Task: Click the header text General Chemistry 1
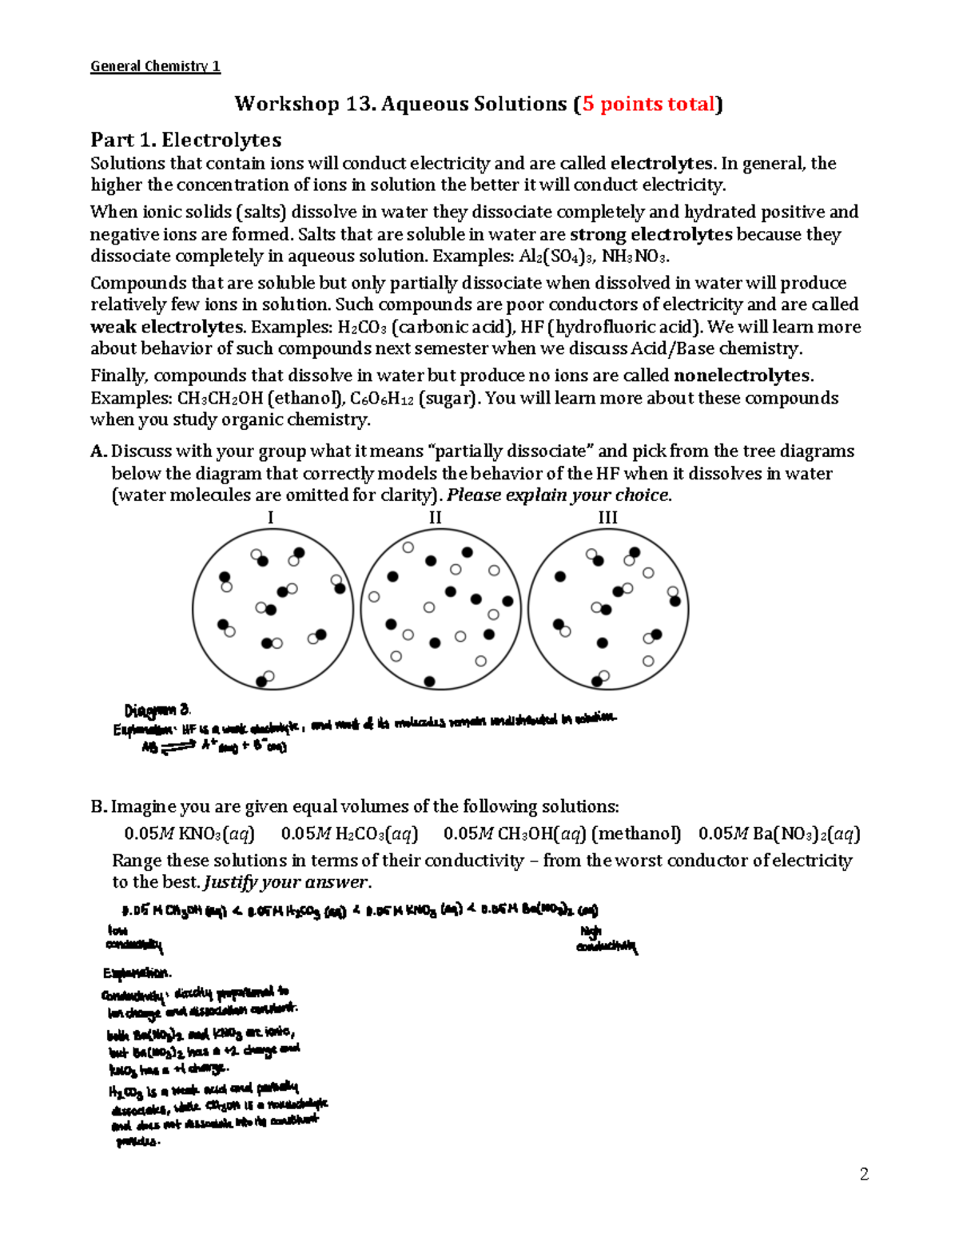tap(155, 66)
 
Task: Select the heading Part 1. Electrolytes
tap(185, 141)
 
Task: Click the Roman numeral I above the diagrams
tap(270, 518)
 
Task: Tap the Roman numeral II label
tap(435, 518)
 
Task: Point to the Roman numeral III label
tap(607, 518)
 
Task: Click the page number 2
tap(864, 1174)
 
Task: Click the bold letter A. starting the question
tap(98, 451)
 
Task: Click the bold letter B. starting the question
tap(98, 806)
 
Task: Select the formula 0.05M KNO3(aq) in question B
tap(189, 833)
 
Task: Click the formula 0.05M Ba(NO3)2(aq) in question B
tap(779, 833)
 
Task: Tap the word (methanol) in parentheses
tap(636, 833)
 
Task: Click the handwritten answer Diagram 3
tap(157, 710)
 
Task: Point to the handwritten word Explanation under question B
tap(136, 973)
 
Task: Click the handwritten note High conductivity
tap(606, 940)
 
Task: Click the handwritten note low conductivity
tap(133, 939)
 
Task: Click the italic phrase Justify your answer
tap(288, 882)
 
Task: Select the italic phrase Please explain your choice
tap(559, 495)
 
